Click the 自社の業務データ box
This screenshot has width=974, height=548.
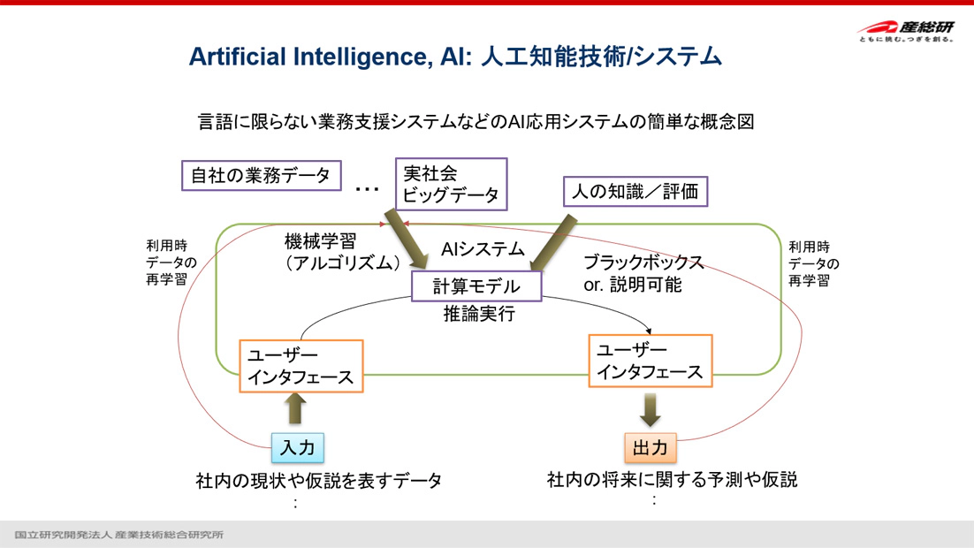[x=261, y=175]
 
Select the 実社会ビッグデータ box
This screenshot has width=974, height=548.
[x=451, y=184]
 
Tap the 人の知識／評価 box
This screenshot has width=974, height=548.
[x=635, y=190]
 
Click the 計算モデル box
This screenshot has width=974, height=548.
[x=476, y=285]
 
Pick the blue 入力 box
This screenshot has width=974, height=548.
[x=296, y=447]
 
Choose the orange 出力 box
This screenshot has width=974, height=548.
[x=650, y=447]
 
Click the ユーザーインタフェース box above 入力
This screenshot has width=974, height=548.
[x=301, y=366]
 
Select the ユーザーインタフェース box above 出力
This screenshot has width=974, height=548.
[x=650, y=361]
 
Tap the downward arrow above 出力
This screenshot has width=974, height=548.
[x=650, y=408]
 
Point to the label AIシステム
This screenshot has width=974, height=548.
[x=483, y=249]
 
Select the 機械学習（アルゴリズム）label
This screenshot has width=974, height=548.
[x=342, y=251]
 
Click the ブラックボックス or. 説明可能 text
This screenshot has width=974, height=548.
[x=643, y=273]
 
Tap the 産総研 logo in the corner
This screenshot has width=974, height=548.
[x=905, y=31]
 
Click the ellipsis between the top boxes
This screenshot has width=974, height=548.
[x=366, y=188]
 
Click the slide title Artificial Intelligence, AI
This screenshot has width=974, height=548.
[x=455, y=57]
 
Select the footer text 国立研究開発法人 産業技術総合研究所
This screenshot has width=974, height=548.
[x=119, y=535]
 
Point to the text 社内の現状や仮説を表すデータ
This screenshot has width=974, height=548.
[x=318, y=481]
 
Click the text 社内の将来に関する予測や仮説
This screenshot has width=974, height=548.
[x=672, y=480]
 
